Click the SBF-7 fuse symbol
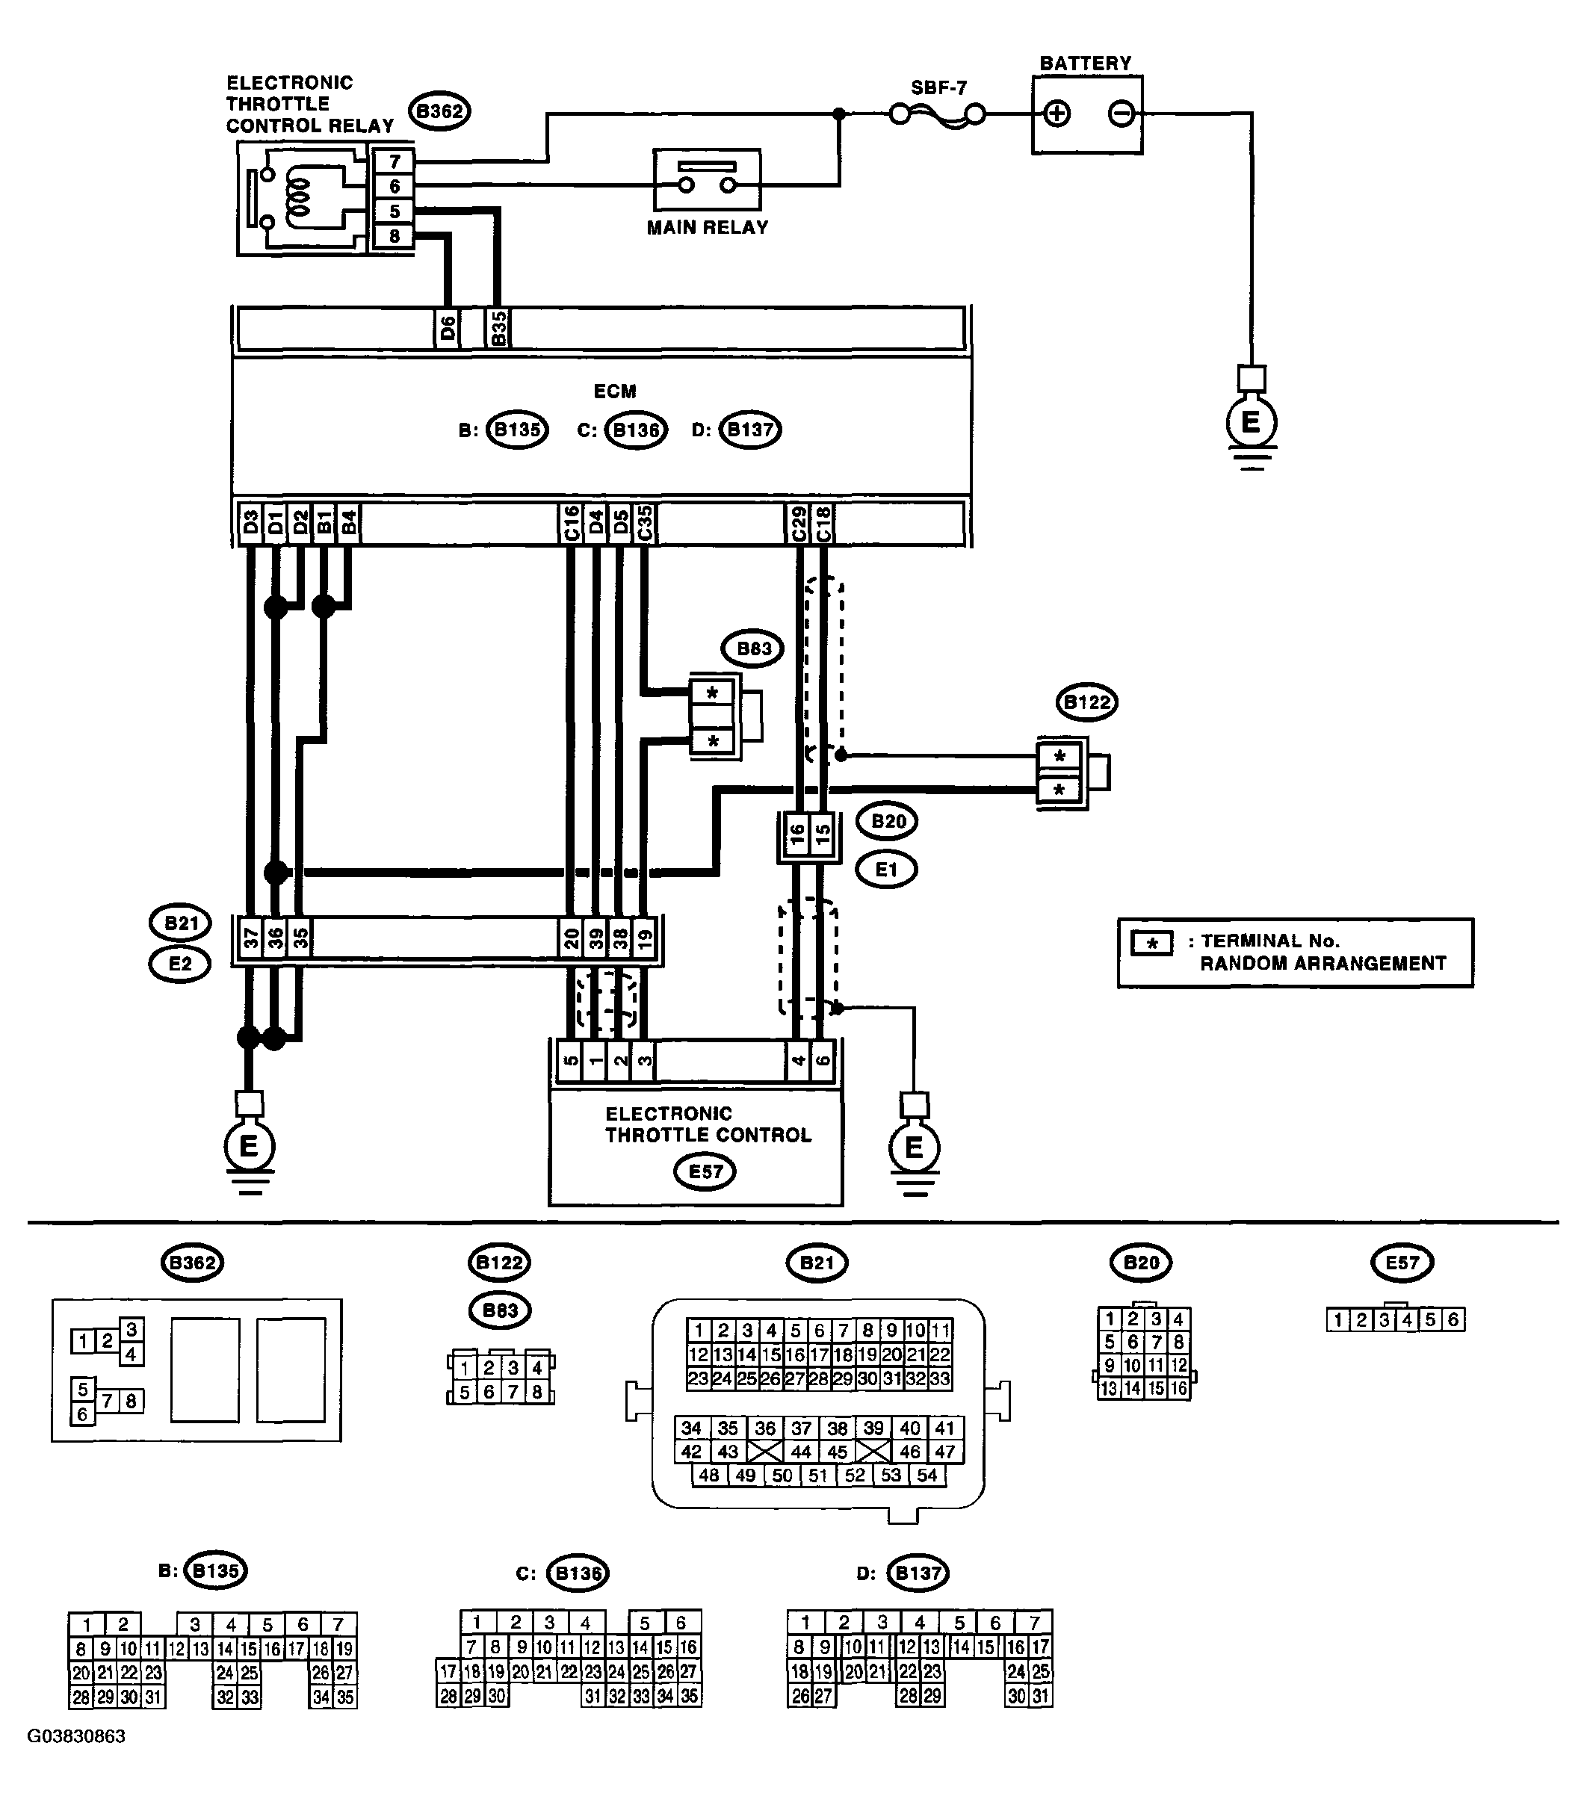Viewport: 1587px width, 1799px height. click(938, 114)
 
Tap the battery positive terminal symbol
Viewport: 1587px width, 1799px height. click(1057, 114)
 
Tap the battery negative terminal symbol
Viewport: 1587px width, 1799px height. click(1121, 114)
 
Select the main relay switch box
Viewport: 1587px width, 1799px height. click(707, 179)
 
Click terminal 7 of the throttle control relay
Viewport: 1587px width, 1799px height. click(394, 162)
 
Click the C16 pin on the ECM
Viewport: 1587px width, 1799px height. click(570, 524)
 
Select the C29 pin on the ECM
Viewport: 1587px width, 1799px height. click(797, 524)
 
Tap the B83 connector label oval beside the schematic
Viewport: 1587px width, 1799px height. click(752, 648)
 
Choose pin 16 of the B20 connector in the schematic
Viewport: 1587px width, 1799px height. click(796, 835)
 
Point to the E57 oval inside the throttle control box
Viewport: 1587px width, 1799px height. click(705, 1171)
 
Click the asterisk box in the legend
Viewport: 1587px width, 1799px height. click(1151, 944)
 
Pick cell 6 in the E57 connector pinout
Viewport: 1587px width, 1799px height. click(1453, 1319)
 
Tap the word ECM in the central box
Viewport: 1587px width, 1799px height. click(614, 391)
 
